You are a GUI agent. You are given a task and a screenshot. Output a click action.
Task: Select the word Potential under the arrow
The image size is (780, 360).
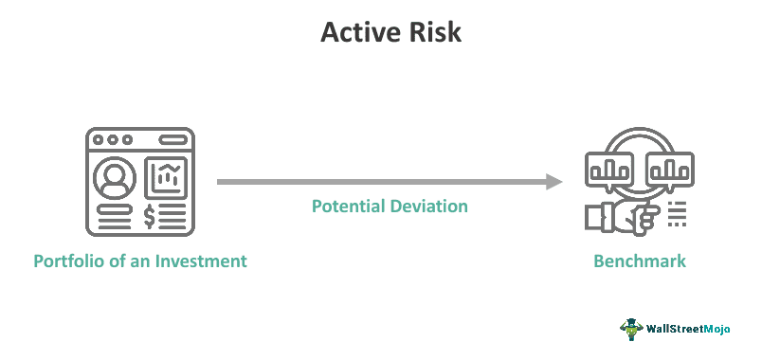348,205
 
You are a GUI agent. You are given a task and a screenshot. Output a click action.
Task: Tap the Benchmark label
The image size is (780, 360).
639,261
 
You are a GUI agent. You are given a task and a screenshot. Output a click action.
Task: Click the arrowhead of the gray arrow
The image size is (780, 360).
554,180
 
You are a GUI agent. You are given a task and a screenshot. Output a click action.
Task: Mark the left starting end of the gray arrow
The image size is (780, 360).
220,180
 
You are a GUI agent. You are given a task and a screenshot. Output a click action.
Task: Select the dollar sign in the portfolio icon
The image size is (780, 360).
150,217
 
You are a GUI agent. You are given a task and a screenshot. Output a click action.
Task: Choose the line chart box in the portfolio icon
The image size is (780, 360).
167,176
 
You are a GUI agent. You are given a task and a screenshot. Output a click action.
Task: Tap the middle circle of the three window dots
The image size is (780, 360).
114,140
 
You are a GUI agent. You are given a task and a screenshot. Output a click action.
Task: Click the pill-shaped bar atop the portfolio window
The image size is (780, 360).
172,140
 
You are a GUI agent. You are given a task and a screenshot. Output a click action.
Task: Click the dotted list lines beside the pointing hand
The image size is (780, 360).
676,215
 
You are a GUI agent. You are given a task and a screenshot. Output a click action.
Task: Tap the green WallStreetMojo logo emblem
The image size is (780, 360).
630,329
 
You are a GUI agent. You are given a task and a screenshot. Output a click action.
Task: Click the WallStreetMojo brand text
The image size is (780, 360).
689,330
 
